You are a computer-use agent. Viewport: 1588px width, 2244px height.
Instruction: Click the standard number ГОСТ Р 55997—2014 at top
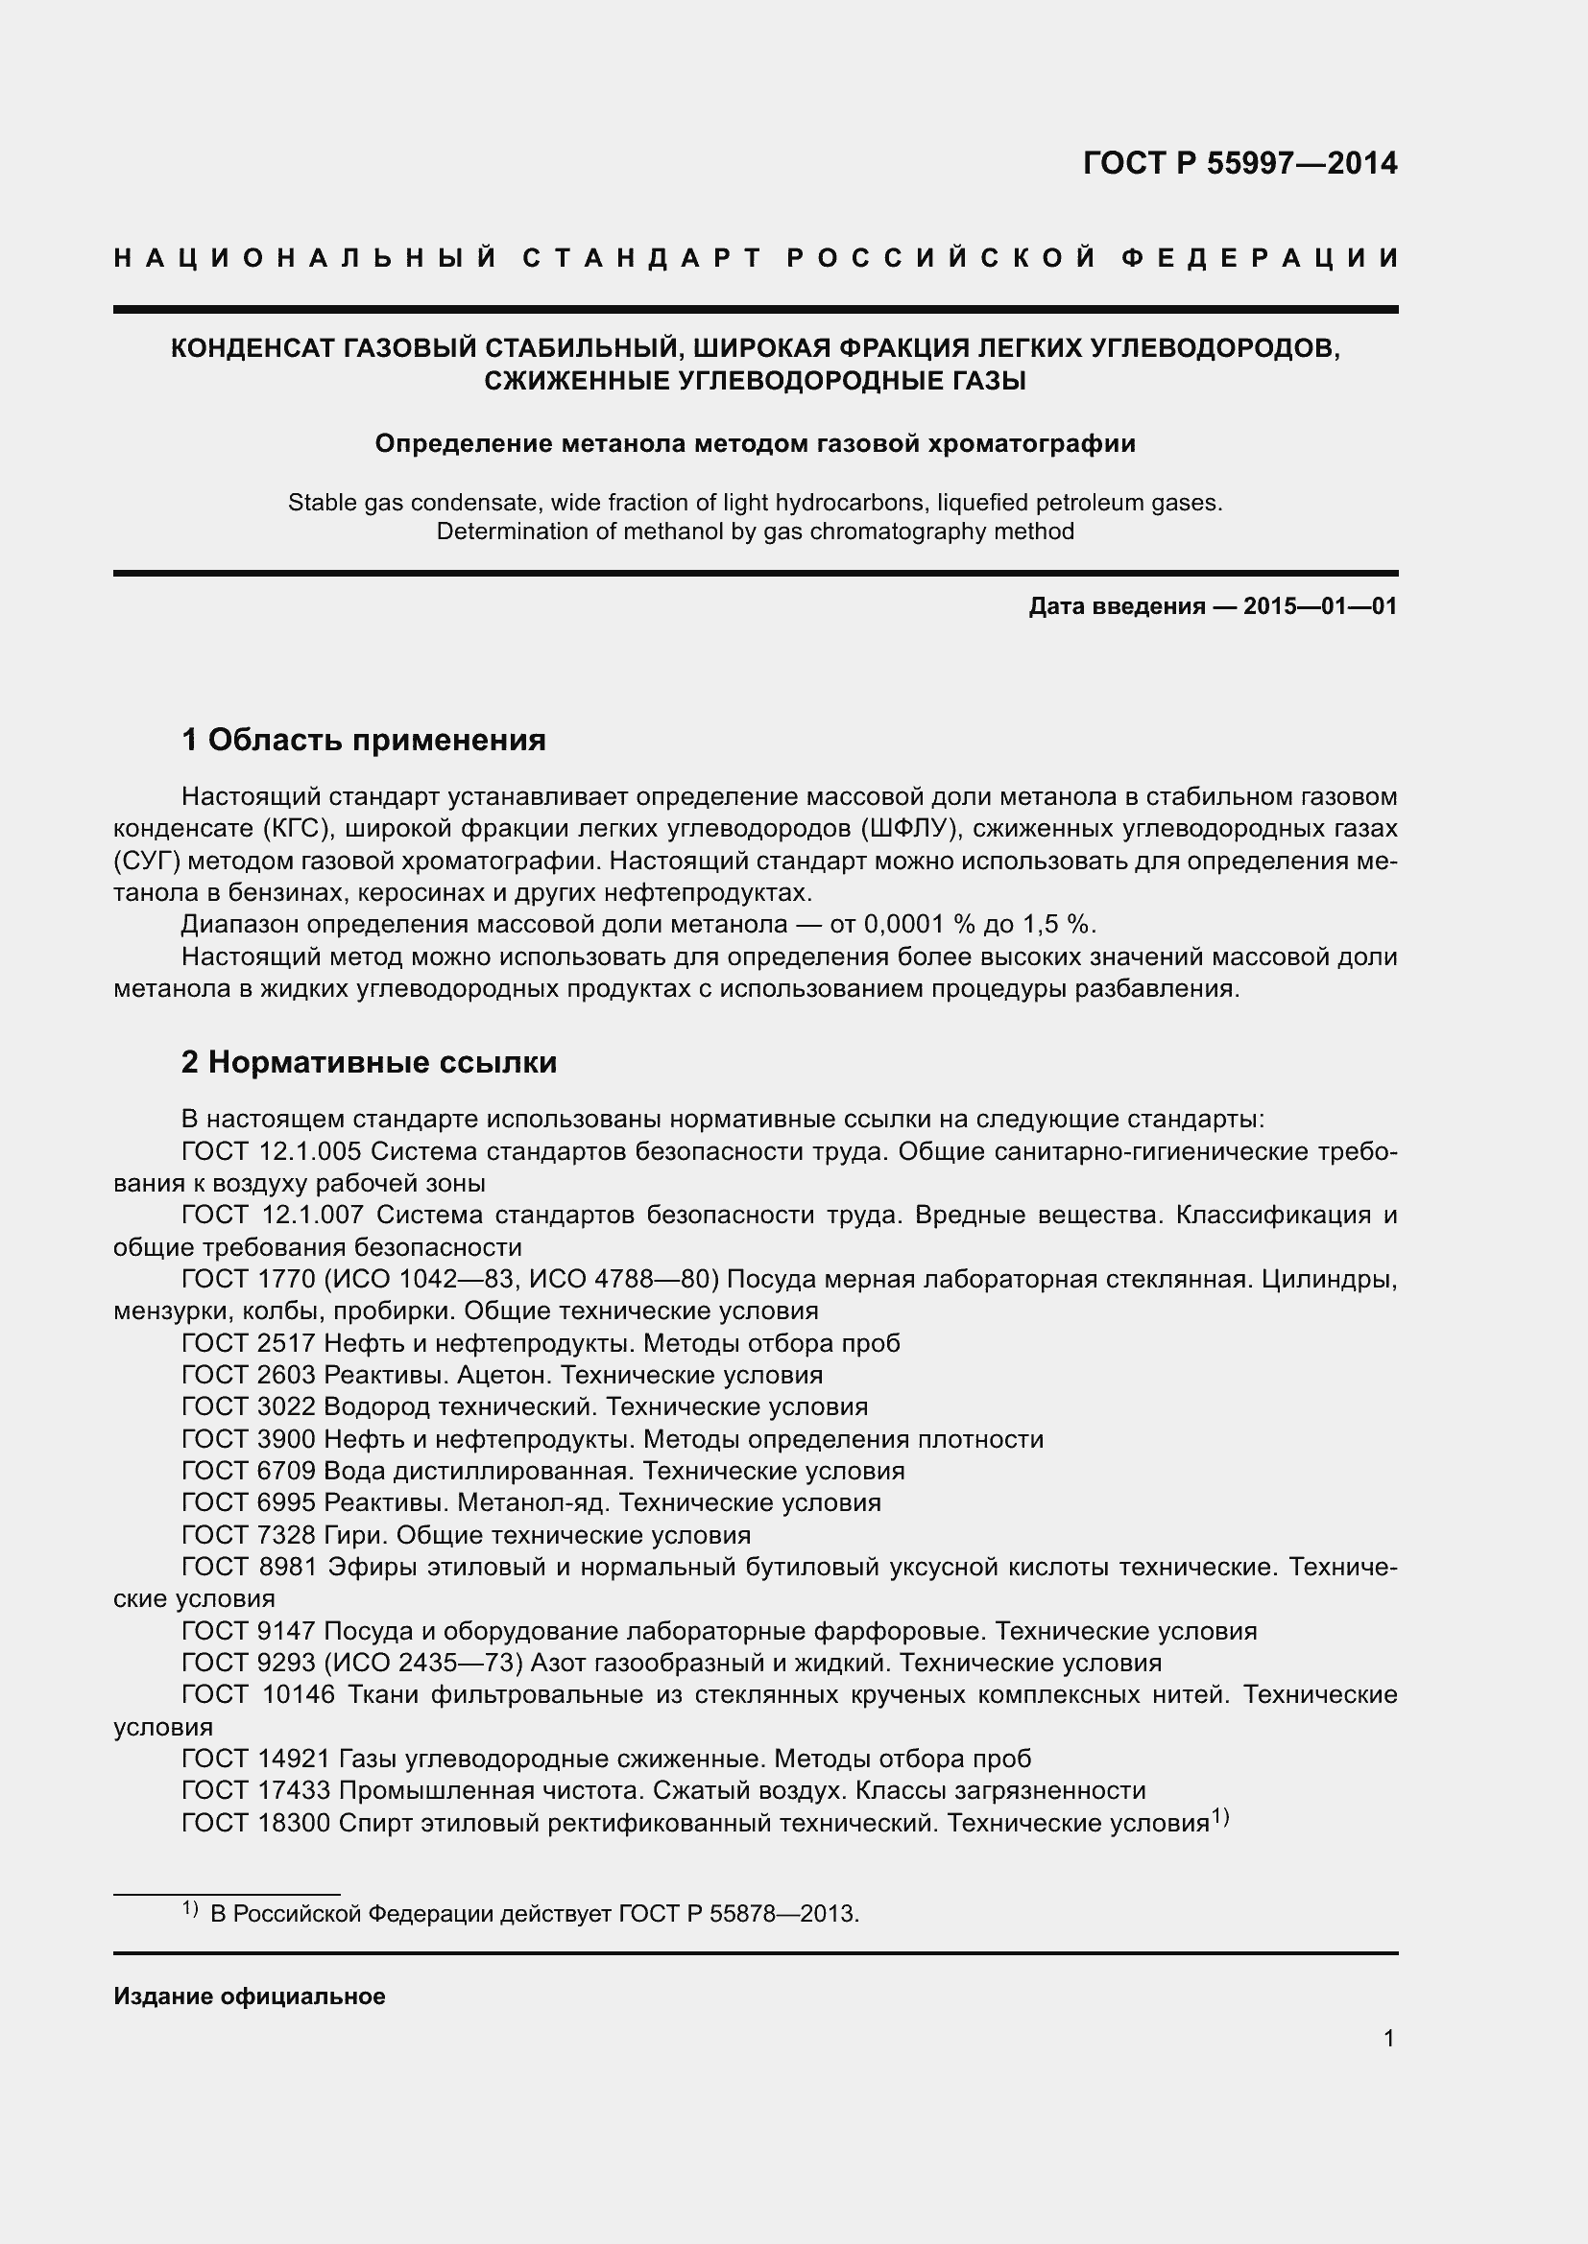pos(1239,163)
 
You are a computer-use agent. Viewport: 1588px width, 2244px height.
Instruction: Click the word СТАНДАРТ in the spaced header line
pos(641,258)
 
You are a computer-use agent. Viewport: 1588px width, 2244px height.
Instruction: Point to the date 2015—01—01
pos(1320,607)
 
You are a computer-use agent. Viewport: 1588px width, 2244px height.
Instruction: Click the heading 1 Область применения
pos(364,740)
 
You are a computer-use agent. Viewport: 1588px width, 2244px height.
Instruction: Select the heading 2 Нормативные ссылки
pos(369,1061)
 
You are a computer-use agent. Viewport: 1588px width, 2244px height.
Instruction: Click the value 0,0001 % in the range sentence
pos(919,925)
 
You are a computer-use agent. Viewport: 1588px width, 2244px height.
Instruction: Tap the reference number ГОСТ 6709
pos(249,1471)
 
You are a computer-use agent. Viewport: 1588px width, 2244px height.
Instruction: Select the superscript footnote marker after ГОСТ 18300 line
pos(1219,1817)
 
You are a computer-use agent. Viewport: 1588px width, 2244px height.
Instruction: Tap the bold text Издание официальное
pos(250,1996)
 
